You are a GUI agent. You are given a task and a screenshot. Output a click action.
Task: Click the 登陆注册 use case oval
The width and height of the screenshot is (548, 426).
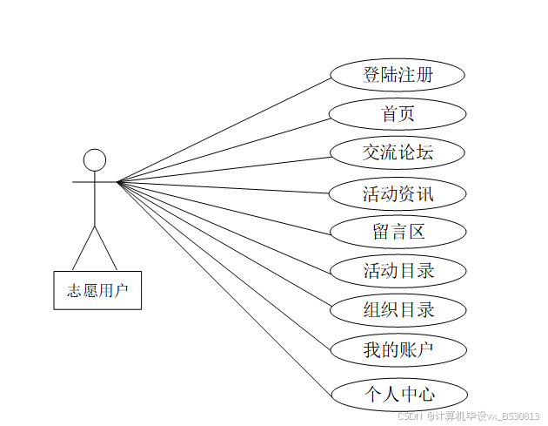[398, 75]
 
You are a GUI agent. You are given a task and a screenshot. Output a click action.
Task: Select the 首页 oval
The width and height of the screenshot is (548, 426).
[398, 113]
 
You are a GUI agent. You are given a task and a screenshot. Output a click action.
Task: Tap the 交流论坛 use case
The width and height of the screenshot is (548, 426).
[398, 153]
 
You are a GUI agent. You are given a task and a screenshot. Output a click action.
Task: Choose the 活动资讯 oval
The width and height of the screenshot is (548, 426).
[398, 193]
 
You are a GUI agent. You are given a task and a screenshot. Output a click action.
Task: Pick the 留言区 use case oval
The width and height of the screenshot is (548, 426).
[398, 233]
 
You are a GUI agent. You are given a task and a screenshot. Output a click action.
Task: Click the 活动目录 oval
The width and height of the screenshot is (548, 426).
[398, 271]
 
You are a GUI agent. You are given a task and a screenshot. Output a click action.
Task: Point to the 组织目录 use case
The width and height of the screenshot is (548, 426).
[398, 309]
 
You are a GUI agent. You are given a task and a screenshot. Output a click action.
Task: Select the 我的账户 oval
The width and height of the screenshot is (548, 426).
[398, 350]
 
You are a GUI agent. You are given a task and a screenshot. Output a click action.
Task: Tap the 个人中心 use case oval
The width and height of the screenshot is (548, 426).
[398, 395]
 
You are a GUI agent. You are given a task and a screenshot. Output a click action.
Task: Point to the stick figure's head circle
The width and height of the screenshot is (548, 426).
[94, 160]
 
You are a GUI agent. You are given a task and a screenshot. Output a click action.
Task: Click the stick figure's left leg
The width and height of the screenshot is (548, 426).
[84, 247]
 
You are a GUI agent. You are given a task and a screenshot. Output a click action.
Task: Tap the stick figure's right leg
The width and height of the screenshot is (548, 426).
[105, 247]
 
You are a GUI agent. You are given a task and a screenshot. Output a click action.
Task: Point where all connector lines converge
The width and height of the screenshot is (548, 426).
[118, 182]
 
